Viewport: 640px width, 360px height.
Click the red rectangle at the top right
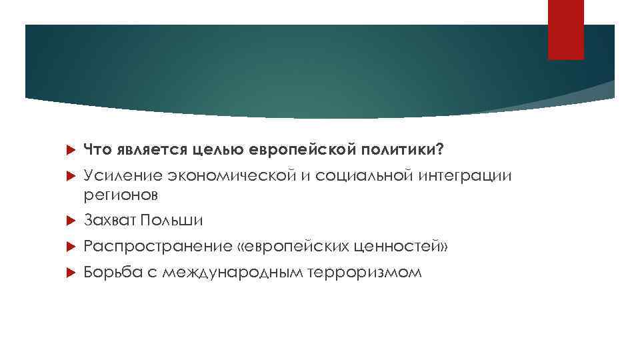(x=565, y=30)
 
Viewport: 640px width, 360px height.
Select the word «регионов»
(x=121, y=195)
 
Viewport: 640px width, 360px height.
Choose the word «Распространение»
(x=157, y=247)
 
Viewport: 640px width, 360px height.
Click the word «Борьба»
(x=110, y=273)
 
